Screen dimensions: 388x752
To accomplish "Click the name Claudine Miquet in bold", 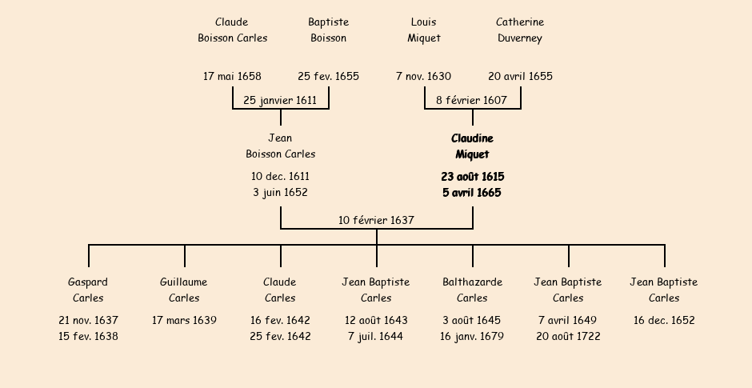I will [472, 146].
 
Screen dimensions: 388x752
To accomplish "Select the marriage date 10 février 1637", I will [376, 220].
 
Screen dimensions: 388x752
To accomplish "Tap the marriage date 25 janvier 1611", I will [280, 101].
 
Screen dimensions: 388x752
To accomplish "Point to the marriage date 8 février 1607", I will [471, 101].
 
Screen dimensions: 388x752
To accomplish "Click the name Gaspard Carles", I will [88, 290].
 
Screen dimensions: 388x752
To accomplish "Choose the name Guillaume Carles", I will [184, 290].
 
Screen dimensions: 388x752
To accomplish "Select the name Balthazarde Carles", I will [472, 290].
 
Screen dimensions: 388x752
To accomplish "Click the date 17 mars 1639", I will [184, 321].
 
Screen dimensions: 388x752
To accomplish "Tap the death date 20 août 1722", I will [568, 337].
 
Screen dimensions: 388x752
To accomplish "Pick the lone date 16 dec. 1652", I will [664, 321].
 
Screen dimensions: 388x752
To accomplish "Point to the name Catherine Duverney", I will [520, 30].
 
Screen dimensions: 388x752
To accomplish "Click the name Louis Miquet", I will [424, 30].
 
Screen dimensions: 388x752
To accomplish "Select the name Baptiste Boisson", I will [328, 30].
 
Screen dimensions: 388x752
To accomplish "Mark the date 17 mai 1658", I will [232, 77].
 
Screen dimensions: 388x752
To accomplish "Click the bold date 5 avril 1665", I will [472, 193].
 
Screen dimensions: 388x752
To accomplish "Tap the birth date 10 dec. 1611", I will [280, 177].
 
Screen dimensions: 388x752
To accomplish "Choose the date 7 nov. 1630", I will [423, 77].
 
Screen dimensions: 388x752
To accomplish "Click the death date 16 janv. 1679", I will [472, 337].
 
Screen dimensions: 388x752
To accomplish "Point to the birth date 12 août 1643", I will [376, 321].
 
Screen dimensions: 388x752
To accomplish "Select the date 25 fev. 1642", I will [280, 337].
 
